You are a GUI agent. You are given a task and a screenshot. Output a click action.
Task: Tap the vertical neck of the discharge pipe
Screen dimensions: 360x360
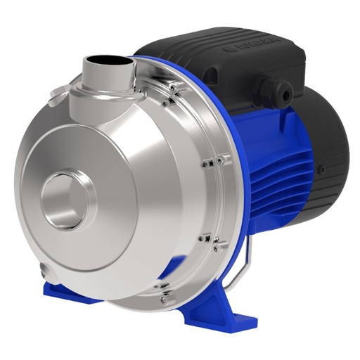pyautogui.click(x=105, y=81)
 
